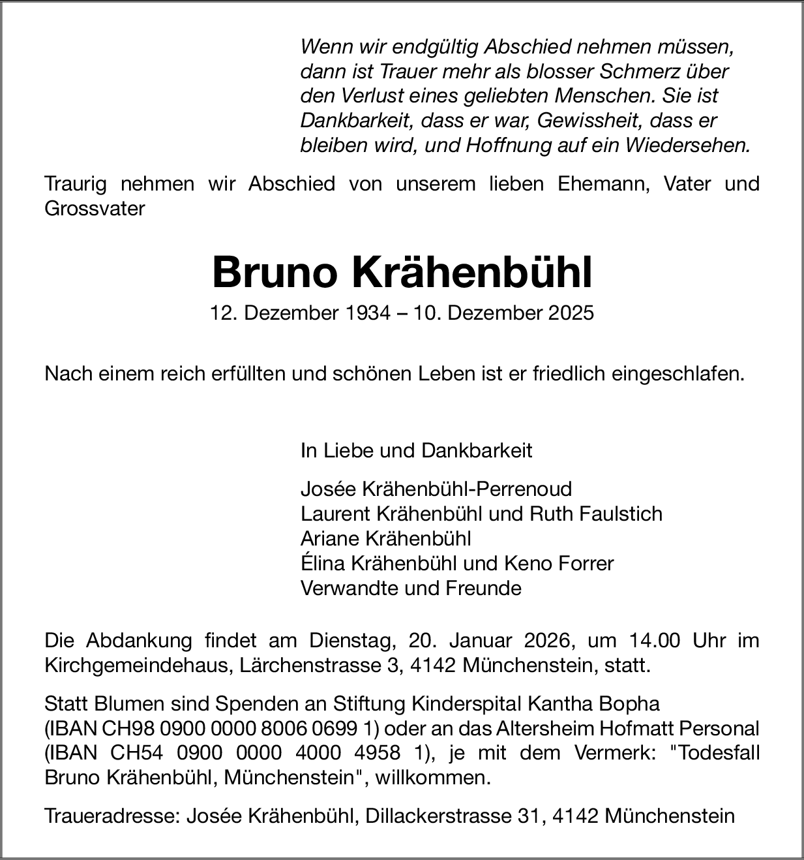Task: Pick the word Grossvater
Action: click(x=95, y=209)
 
